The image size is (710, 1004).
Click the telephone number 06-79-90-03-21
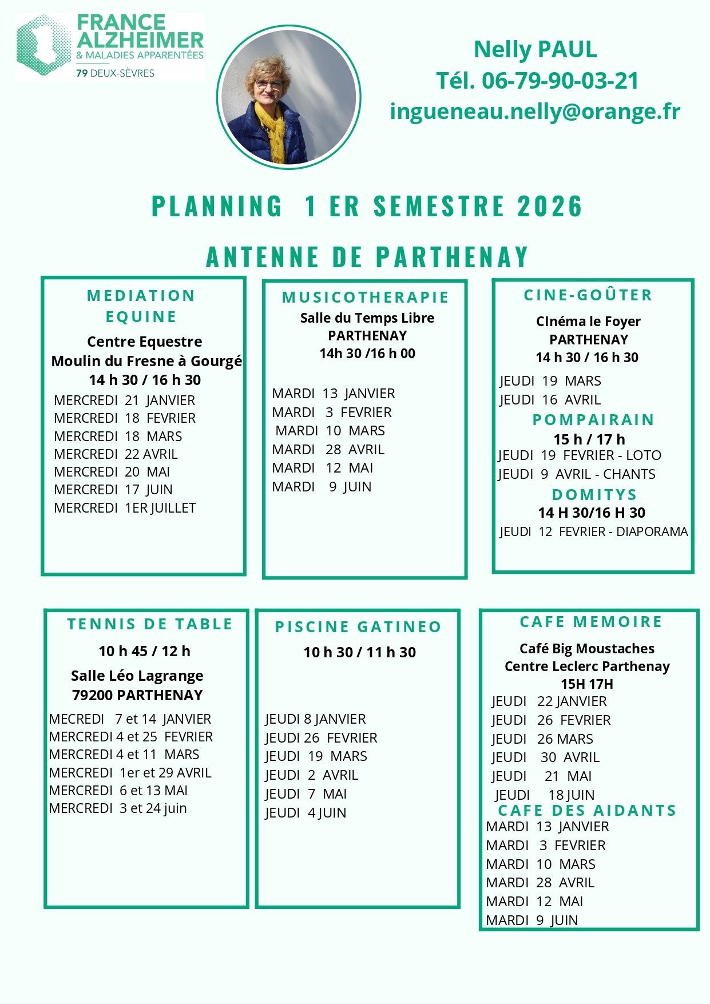coord(560,81)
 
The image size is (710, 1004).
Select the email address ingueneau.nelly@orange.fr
coord(535,111)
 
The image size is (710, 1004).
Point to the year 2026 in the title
coord(550,206)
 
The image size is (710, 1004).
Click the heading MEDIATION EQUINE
coord(141,306)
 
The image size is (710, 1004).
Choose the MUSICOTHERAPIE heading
coord(366,297)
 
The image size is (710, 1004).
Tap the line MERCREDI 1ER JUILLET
coord(125,508)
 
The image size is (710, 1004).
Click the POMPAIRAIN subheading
coord(593,420)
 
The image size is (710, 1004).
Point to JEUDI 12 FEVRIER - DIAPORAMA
coord(593,531)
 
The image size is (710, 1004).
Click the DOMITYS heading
coord(594,494)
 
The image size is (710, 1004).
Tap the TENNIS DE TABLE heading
coord(150,624)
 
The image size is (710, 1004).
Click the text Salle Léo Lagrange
coord(137,676)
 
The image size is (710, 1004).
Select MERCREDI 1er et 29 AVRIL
coord(130,773)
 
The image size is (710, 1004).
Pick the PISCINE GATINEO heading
coord(358,627)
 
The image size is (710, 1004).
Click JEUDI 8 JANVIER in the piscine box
coord(315,719)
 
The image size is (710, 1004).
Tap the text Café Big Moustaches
coord(587,649)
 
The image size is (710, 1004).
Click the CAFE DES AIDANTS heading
coord(587,811)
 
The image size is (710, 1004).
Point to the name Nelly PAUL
coord(536,50)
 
